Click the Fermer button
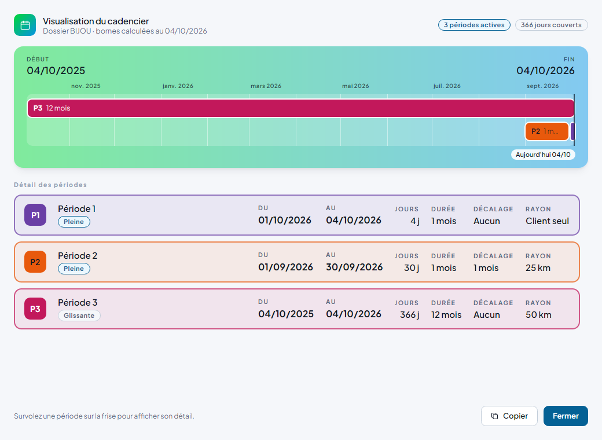point(566,416)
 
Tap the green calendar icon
point(25,25)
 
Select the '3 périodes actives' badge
point(474,25)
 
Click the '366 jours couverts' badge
point(551,25)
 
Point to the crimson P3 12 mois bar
point(300,108)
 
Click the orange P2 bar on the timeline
point(546,131)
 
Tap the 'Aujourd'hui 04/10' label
point(543,155)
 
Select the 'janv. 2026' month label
point(178,86)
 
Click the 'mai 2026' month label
point(355,86)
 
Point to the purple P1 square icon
point(35,215)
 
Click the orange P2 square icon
point(35,262)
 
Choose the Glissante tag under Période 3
point(79,316)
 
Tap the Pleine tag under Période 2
point(74,269)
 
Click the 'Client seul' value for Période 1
point(547,221)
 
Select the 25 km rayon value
point(538,268)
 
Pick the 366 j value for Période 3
point(410,315)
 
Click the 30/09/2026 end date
point(354,267)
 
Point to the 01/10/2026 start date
point(284,221)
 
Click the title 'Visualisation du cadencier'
point(96,21)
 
